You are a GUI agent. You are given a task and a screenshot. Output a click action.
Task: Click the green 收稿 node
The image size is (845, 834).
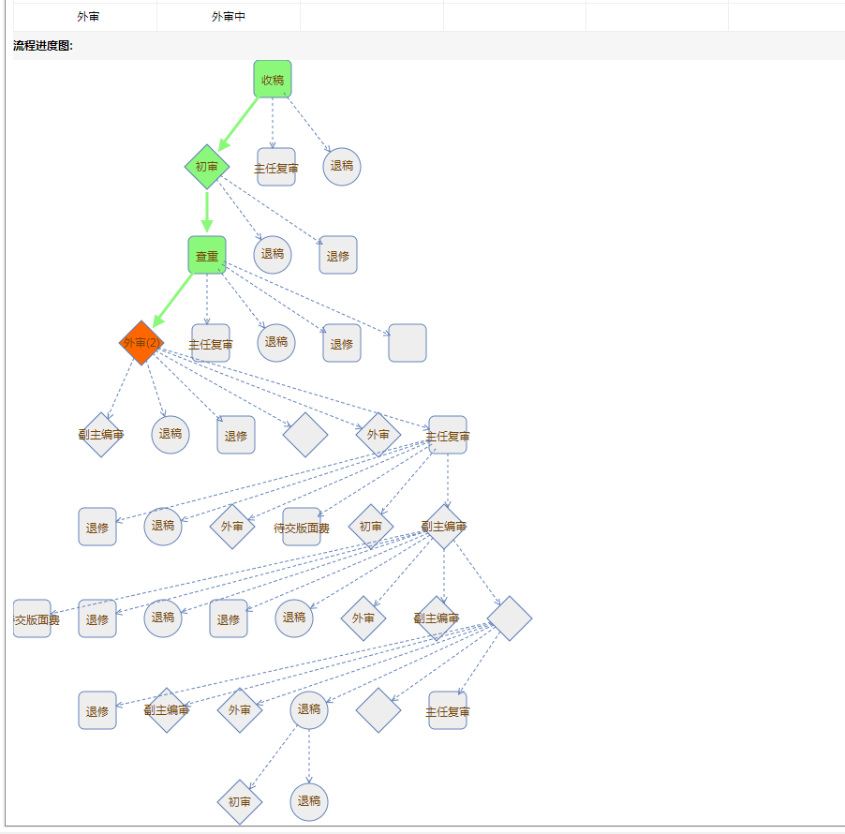point(273,79)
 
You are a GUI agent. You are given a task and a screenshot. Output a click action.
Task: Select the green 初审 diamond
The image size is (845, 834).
point(207,167)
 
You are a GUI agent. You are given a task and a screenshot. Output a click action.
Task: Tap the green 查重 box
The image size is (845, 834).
point(207,255)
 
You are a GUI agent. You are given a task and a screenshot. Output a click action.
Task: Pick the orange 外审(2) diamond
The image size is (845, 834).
point(141,343)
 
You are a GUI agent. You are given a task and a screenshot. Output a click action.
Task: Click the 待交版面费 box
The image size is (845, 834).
point(302,527)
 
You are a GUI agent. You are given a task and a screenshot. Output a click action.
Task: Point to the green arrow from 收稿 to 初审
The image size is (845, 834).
point(239,123)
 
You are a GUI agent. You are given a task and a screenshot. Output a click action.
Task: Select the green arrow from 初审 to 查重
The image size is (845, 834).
point(207,211)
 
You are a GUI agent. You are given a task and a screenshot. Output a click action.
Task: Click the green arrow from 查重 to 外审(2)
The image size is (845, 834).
point(174,299)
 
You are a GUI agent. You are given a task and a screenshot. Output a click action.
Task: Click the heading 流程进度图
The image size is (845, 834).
point(43,46)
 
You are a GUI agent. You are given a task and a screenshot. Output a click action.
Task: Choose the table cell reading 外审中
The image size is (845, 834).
point(229,17)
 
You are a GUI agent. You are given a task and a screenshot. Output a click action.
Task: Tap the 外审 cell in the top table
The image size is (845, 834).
point(88,17)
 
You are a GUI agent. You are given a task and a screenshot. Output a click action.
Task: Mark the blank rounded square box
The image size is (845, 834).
point(408,343)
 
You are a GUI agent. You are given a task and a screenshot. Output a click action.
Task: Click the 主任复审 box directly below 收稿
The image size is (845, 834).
point(276,167)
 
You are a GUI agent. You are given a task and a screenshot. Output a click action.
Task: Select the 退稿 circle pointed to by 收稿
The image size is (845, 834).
point(342,167)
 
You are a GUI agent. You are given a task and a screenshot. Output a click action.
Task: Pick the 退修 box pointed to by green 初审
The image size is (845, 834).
point(338,255)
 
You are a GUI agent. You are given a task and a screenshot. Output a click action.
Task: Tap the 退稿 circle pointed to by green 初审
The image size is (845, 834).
point(273,255)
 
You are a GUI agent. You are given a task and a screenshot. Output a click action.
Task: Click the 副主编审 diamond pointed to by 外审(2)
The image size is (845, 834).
point(101,435)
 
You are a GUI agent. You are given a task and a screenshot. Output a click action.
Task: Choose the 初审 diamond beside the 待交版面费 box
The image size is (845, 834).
point(371,527)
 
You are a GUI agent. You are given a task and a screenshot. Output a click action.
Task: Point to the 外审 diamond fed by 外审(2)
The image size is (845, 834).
point(378,435)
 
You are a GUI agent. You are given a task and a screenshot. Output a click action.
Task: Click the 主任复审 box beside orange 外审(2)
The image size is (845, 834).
point(211,343)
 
